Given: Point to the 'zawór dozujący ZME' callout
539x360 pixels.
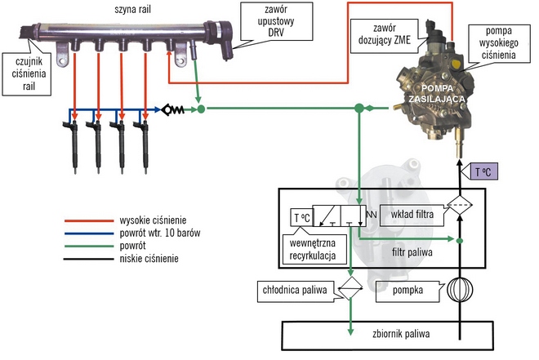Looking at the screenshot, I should (382, 32).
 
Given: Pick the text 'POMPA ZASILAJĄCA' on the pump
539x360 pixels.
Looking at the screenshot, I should (437, 92).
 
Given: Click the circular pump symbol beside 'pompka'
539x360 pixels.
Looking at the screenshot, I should (460, 292).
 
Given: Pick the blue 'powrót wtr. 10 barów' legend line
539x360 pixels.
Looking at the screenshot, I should (90, 233).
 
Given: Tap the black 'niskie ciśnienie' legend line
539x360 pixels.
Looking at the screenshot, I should (90, 259).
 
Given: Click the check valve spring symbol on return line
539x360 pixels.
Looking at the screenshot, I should (174, 109).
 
